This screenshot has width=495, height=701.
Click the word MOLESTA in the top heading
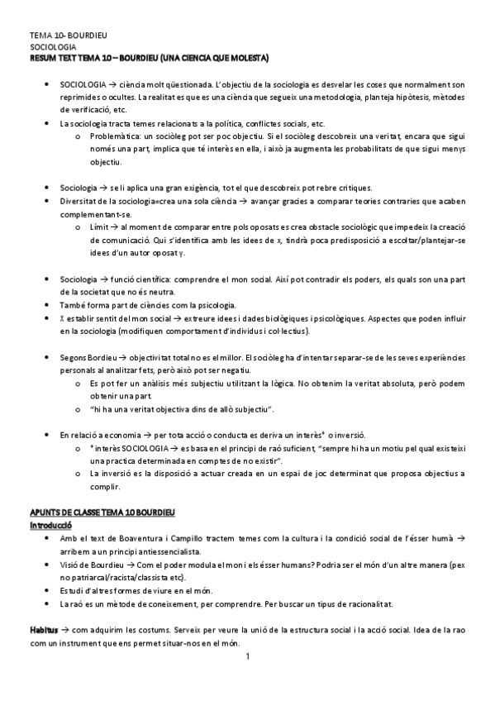pos(249,59)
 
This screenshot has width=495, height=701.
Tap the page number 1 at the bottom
pos(247,658)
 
